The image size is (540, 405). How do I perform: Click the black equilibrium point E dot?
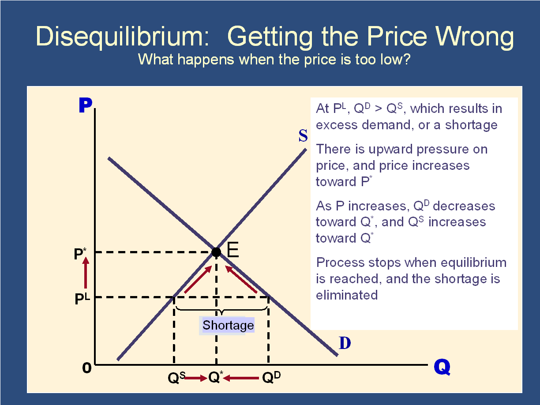(x=216, y=252)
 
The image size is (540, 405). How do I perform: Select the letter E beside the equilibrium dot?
(x=232, y=249)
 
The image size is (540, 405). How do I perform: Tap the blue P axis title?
(x=85, y=105)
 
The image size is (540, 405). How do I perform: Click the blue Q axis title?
(x=442, y=367)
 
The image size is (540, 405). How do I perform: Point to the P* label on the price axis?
(x=80, y=254)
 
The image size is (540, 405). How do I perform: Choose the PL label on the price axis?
(x=82, y=299)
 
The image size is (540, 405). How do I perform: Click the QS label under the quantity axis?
(x=176, y=378)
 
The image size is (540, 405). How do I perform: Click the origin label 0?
(x=87, y=368)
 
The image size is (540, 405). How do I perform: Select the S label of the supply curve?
(x=303, y=135)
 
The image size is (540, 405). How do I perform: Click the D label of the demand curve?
(x=345, y=343)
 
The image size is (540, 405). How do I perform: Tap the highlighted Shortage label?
(x=228, y=325)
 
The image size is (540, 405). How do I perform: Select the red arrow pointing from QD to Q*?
(x=241, y=378)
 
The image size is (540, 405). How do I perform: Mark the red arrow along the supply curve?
(x=198, y=279)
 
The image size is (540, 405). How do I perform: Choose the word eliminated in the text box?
(x=347, y=295)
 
